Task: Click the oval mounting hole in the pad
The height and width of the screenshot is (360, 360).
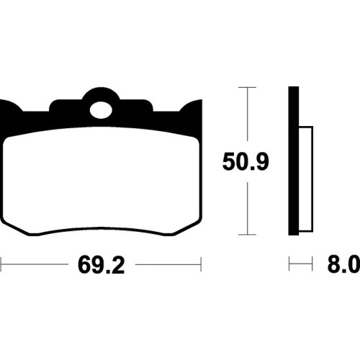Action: coord(101,110)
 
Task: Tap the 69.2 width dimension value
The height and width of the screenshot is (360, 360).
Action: coord(102,265)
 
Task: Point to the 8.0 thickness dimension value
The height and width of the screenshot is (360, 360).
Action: coord(343,264)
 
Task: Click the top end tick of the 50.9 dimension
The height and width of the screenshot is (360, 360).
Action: coord(247,87)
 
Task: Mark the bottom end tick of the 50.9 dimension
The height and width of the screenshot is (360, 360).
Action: coord(247,235)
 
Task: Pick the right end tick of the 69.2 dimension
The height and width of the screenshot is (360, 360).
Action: coord(201,264)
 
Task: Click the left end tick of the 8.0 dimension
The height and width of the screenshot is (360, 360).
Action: coord(289,264)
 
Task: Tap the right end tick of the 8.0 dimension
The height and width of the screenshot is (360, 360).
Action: coord(312,264)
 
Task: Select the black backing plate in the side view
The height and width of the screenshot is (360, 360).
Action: coord(294,161)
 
